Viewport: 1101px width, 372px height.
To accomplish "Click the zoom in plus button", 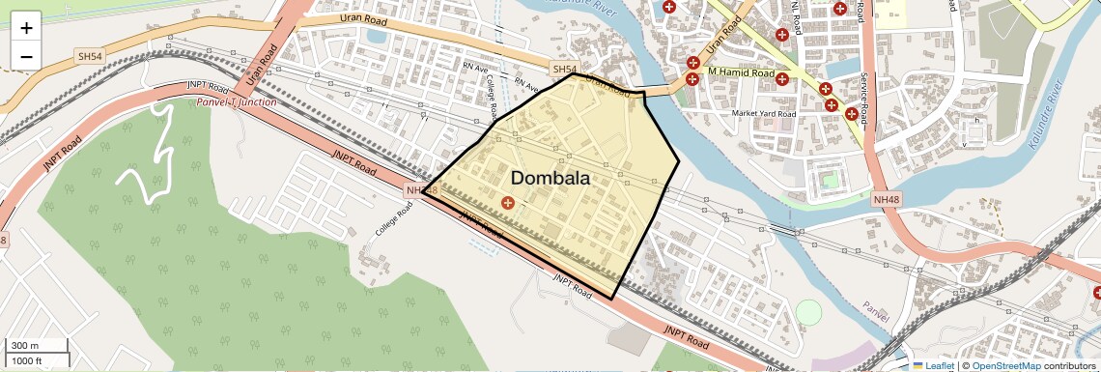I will point(26,27).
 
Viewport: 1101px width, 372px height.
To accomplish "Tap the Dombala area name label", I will point(550,178).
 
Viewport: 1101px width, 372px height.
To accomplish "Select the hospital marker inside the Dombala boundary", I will point(508,202).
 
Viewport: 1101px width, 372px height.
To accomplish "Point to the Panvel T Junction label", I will point(236,101).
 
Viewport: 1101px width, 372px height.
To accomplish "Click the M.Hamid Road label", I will point(741,73).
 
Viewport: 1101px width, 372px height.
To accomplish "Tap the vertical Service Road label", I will point(865,97).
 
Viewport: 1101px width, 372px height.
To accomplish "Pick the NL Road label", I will point(798,17).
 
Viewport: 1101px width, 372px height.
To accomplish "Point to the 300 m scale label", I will point(24,346).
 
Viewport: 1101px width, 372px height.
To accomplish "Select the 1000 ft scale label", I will point(26,361).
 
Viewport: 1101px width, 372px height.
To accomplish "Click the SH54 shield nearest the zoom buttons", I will point(90,57).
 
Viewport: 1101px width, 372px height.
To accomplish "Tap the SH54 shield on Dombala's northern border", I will point(564,70).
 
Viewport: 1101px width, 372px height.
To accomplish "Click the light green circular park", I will point(808,313).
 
